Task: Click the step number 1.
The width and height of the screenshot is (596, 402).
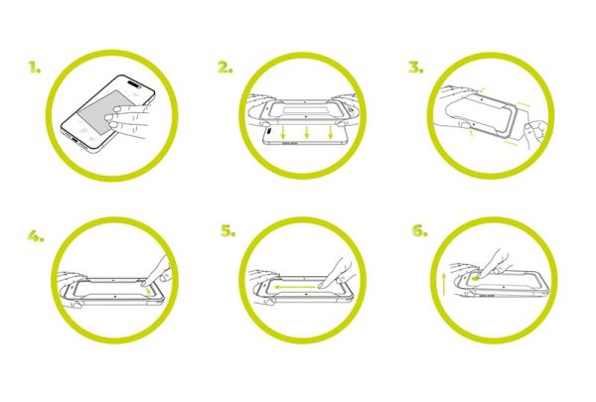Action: tap(35, 68)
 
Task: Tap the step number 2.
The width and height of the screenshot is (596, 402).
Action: tap(224, 68)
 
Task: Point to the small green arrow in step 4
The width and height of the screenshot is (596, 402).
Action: tap(149, 291)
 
